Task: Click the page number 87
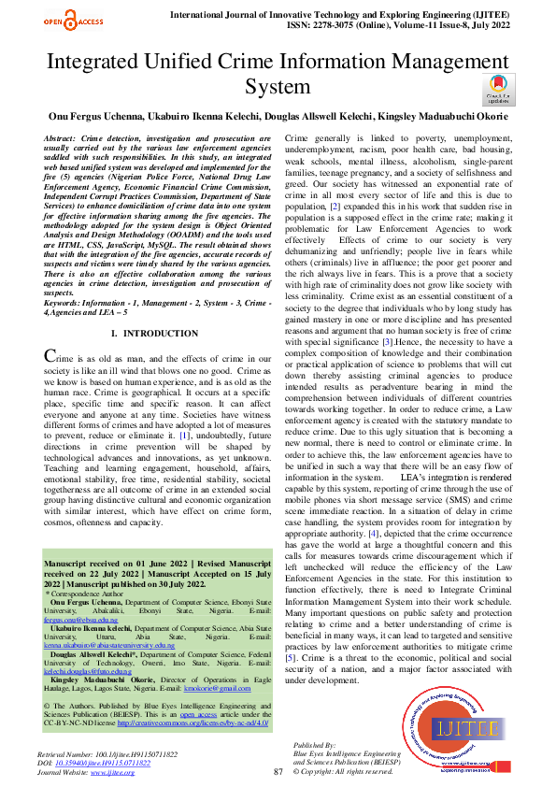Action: [278, 772]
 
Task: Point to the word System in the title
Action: [277, 87]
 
